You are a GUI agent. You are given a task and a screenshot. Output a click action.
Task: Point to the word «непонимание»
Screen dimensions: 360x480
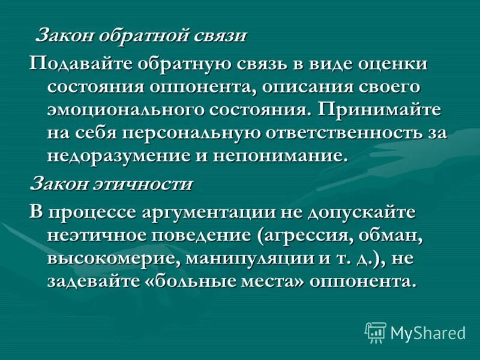pos(284,156)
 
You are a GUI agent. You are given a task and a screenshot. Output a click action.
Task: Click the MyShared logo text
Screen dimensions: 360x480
pos(428,332)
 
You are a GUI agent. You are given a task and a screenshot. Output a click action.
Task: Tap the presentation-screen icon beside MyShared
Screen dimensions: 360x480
pos(375,332)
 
